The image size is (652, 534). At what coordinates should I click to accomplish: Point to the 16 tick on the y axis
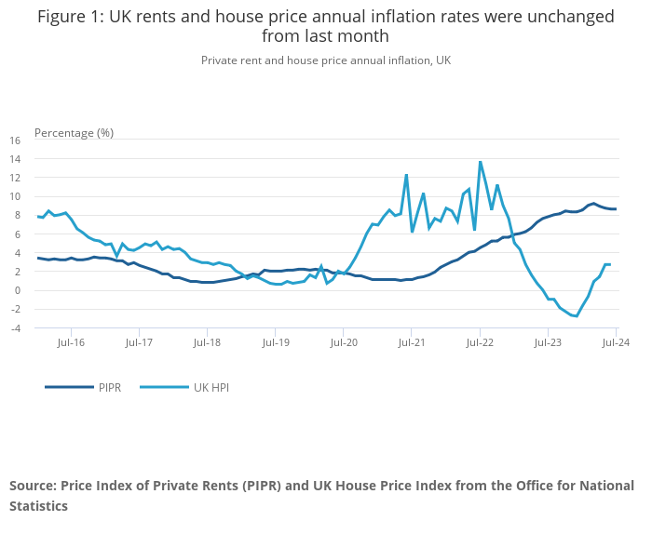(x=14, y=140)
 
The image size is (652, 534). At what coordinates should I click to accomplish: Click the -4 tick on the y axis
(x=14, y=327)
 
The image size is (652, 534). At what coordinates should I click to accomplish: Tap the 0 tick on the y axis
(x=17, y=290)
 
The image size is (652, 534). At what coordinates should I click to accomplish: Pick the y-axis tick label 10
(x=14, y=196)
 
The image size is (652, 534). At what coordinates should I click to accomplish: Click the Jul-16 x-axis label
(x=71, y=342)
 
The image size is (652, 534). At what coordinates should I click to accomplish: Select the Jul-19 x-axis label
(x=276, y=342)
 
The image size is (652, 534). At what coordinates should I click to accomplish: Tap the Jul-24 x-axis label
(x=617, y=342)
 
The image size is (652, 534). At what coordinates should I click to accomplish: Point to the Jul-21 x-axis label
(x=412, y=342)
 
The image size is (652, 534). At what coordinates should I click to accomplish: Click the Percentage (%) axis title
(x=74, y=132)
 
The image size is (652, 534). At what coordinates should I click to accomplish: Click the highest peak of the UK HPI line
(x=480, y=162)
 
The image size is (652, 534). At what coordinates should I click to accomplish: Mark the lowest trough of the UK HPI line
(x=577, y=316)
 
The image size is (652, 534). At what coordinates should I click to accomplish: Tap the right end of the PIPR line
(x=616, y=209)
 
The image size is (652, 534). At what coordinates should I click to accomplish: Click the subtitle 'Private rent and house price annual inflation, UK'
(x=326, y=60)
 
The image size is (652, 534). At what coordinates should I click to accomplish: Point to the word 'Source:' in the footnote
(x=34, y=486)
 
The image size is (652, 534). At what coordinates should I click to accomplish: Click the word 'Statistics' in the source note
(x=39, y=506)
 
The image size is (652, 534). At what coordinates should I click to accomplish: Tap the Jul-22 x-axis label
(x=480, y=342)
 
